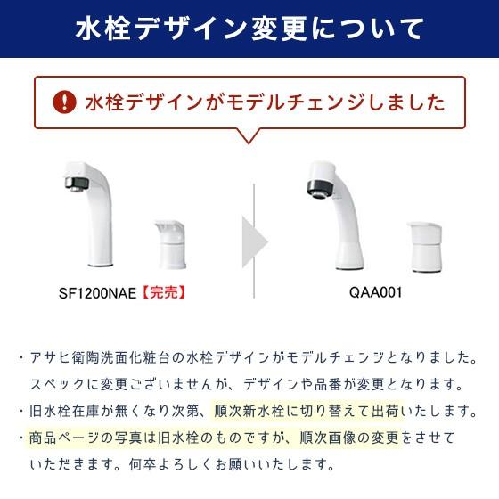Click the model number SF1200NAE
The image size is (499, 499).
[97, 291]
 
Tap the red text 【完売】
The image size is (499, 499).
[165, 291]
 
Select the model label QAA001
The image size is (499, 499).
[370, 291]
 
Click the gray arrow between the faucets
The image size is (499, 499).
[255, 233]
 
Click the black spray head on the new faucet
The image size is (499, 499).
[317, 189]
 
